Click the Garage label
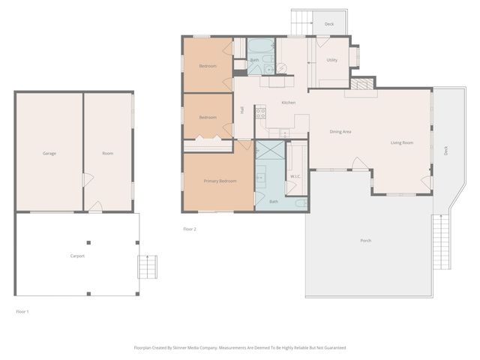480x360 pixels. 49,154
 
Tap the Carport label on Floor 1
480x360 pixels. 77,256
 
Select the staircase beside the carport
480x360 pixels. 148,266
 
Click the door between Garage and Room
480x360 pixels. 87,181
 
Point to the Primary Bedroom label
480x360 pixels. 220,181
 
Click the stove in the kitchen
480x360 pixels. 261,113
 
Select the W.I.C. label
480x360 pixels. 295,176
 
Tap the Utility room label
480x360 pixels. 332,60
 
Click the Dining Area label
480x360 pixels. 340,132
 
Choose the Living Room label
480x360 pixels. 402,142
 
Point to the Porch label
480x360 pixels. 366,241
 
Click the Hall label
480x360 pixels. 242,110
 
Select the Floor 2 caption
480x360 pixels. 190,229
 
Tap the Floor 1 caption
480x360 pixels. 22,310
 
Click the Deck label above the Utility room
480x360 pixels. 329,24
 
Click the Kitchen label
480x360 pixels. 288,103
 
